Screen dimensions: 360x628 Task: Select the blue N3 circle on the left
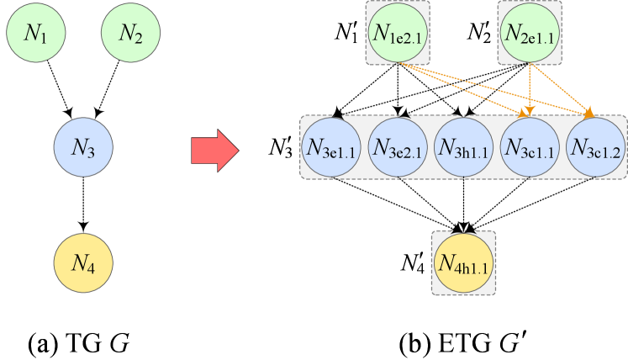click(82, 148)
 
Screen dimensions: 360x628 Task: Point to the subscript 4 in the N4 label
click(90, 267)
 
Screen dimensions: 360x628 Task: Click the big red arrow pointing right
click(215, 151)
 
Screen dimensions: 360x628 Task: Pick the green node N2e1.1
click(530, 33)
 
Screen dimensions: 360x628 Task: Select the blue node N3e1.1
click(332, 147)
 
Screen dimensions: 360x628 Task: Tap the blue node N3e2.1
click(398, 147)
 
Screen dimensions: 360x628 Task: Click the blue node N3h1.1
click(464, 147)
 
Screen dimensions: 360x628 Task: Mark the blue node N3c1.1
click(530, 147)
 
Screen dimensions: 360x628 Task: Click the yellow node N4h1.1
click(463, 262)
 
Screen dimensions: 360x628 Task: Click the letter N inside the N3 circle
click(78, 147)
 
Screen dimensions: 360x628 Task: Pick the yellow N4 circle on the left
click(82, 262)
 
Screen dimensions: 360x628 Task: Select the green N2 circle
click(130, 33)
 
